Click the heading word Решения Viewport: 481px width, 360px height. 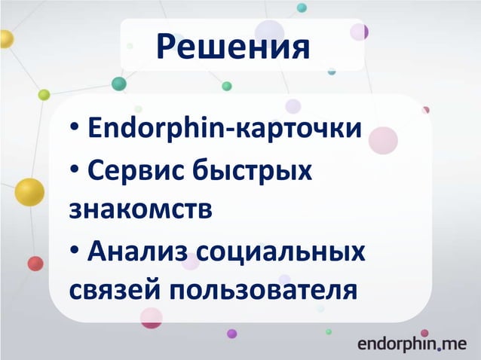tap(232, 47)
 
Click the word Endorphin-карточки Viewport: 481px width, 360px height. tap(225, 130)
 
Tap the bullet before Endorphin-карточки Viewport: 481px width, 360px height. tap(75, 131)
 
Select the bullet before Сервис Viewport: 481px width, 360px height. tap(75, 171)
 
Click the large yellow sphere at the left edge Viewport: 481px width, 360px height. tap(29, 193)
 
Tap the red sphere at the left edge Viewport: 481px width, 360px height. tap(35, 264)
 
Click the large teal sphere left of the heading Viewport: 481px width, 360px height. tap(118, 84)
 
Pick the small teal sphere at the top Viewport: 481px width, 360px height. tap(302, 8)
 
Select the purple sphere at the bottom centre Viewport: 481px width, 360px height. tap(231, 334)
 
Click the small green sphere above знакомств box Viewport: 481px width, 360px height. tap(227, 86)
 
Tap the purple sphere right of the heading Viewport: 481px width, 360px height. tap(360, 32)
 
